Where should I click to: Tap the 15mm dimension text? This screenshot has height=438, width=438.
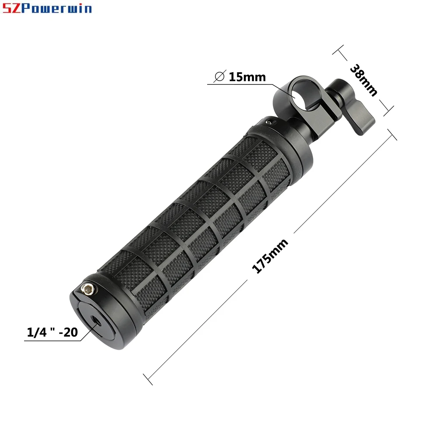tap(247, 77)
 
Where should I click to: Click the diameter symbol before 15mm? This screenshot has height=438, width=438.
tap(220, 76)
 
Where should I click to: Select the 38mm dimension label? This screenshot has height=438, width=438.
tap(364, 80)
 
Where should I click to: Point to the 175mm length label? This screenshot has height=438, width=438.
tap(270, 256)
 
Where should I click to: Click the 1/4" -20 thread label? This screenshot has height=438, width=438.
tap(52, 332)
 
